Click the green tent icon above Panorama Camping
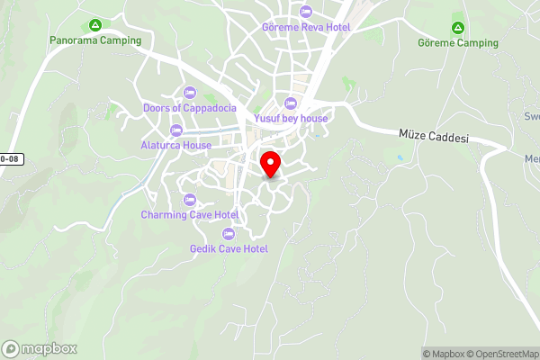(x=94, y=25)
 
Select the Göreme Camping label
(x=458, y=42)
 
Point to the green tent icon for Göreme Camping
(x=458, y=27)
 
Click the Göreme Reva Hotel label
(x=304, y=27)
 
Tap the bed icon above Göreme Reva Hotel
(x=304, y=12)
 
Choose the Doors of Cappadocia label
(x=190, y=108)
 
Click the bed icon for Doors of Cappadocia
(x=189, y=92)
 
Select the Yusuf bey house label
(x=291, y=118)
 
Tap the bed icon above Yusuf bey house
(x=290, y=102)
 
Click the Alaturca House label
(x=175, y=145)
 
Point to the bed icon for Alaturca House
(x=175, y=130)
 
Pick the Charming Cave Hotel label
(x=189, y=215)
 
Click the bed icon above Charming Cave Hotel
(x=189, y=199)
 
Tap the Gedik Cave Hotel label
(x=229, y=248)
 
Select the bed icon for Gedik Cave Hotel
(x=228, y=233)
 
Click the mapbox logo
(x=40, y=349)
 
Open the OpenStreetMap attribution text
(x=500, y=353)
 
